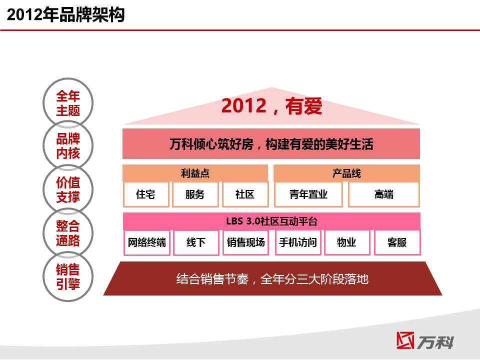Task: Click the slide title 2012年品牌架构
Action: (x=65, y=14)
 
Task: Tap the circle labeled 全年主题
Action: (x=68, y=103)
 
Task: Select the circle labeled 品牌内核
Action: (x=68, y=145)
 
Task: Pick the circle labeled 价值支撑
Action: (x=68, y=189)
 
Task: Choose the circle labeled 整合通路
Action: (x=68, y=232)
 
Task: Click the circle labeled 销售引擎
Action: (x=68, y=276)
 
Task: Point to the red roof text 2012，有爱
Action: (x=271, y=106)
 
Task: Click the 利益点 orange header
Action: (x=195, y=173)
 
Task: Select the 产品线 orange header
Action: (x=346, y=173)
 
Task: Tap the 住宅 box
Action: (x=146, y=194)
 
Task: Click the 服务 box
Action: (x=195, y=194)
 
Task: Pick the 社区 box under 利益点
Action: (x=245, y=194)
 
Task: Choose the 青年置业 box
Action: (x=308, y=194)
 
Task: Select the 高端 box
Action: (x=384, y=194)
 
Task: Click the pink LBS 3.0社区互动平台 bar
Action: (x=271, y=221)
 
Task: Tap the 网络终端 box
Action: (x=147, y=243)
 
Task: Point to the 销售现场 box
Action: (x=246, y=243)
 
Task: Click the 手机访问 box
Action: (x=298, y=243)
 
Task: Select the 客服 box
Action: (x=397, y=243)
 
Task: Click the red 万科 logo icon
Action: (x=405, y=340)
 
